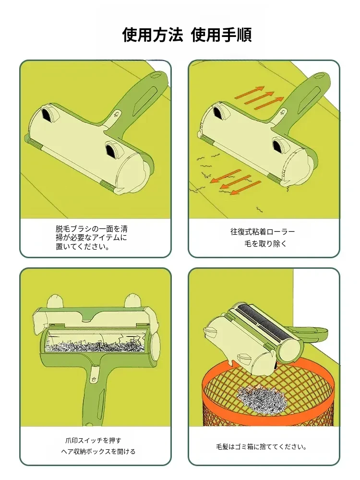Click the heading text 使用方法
point(153,34)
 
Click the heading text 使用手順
point(221,34)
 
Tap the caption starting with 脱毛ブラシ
point(92,238)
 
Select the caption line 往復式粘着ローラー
point(263,232)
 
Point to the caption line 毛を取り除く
point(265,244)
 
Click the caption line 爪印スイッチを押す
point(93,441)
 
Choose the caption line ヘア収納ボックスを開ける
point(98,452)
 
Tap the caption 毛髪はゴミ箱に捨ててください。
point(262,447)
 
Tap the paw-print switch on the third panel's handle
point(94,379)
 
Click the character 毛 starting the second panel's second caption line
point(248,244)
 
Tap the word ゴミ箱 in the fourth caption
point(244,447)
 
